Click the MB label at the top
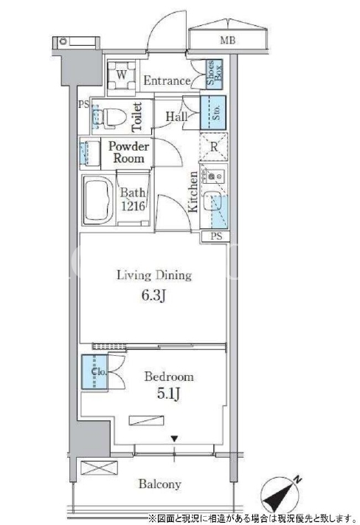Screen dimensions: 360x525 click(227, 41)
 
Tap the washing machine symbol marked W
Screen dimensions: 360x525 click(122, 75)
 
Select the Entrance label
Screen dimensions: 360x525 click(167, 80)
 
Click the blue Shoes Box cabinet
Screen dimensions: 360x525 click(214, 74)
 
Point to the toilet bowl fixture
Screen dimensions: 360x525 click(110, 117)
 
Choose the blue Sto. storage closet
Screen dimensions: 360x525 click(213, 113)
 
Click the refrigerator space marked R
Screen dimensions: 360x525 click(214, 147)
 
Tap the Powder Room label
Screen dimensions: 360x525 click(128, 152)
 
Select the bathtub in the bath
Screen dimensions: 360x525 click(98, 200)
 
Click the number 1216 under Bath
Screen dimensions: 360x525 click(134, 206)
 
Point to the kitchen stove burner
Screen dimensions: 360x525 click(211, 176)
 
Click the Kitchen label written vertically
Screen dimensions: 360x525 click(193, 192)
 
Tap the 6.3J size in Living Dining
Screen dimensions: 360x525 click(154, 295)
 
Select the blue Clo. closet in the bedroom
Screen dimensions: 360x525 click(94, 371)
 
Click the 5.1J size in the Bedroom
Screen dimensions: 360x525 click(169, 394)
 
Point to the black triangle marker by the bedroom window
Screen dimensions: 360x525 click(174, 439)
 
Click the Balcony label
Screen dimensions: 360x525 click(160, 484)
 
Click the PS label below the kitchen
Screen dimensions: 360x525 click(216, 236)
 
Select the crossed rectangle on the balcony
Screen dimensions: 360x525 click(100, 467)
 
